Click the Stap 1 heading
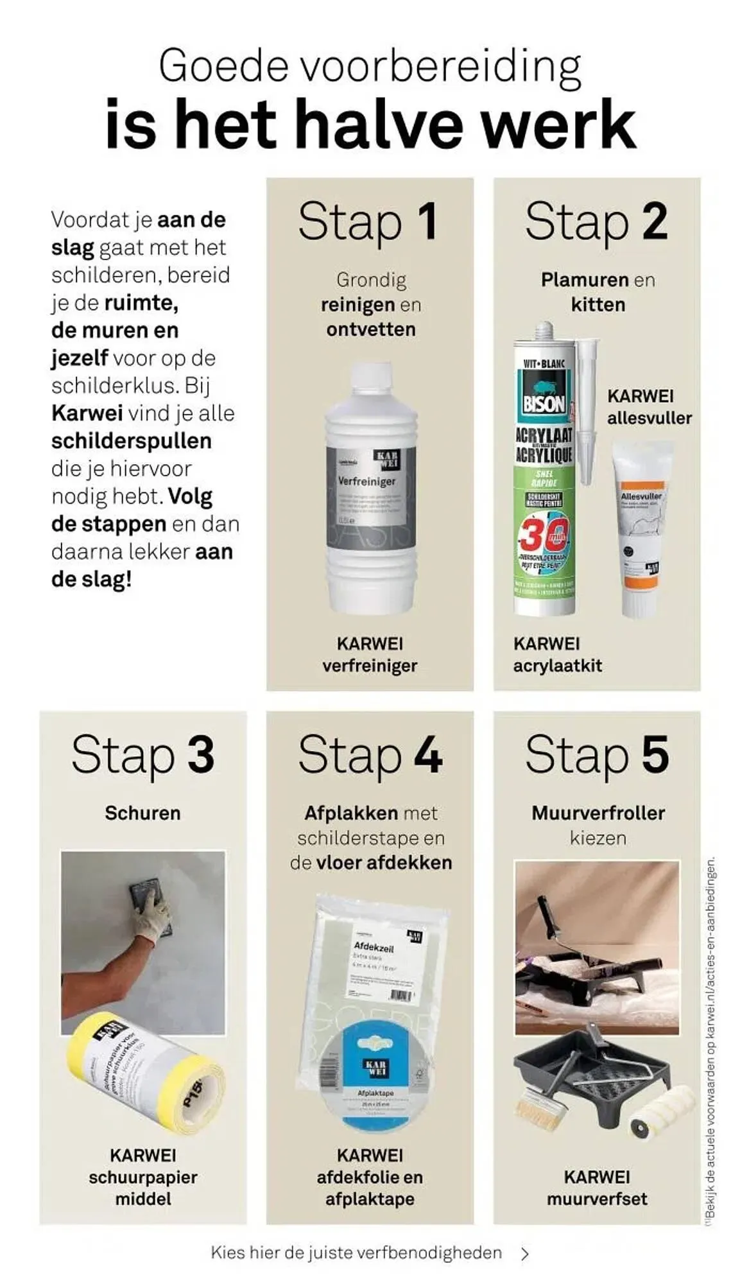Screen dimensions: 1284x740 click(x=369, y=221)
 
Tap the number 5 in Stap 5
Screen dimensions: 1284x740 click(x=654, y=755)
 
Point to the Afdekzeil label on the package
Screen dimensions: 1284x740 click(x=374, y=948)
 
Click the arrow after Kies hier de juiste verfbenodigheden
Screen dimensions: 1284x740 click(x=525, y=1253)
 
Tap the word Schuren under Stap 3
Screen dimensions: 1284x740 click(x=142, y=813)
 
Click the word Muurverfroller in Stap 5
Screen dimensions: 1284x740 click(x=598, y=813)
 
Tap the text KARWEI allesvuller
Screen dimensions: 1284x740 click(x=649, y=407)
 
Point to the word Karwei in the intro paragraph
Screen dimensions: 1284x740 click(x=87, y=413)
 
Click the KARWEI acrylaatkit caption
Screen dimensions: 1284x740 click(x=557, y=654)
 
